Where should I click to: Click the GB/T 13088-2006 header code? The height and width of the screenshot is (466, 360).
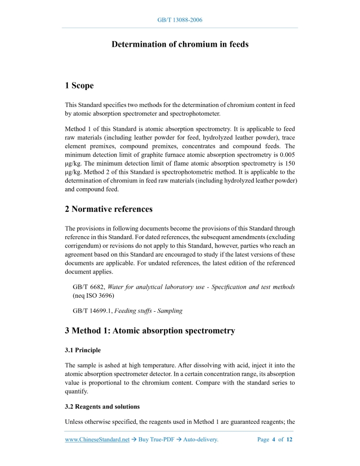179,20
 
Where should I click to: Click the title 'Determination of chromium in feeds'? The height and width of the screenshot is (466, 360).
180,44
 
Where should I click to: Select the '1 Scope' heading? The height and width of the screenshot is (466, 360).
79,85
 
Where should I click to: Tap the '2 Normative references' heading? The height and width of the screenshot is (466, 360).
109,209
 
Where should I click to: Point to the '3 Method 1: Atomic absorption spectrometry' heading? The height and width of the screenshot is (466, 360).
150,331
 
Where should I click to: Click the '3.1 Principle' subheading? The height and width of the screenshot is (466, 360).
83,350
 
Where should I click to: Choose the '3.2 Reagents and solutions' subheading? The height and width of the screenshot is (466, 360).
102,406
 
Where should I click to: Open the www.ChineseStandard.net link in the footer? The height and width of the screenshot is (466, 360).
97,440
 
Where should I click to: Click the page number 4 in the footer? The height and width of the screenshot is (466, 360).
274,440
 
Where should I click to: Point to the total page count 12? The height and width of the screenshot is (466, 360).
289,440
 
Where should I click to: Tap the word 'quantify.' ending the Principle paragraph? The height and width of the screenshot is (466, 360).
77,391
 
